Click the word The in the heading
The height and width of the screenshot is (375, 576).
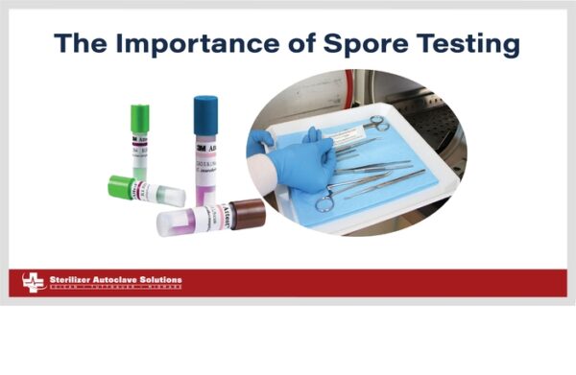point(81,44)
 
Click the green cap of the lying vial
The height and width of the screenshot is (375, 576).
point(122,186)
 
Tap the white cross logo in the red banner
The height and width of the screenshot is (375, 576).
point(34,282)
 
